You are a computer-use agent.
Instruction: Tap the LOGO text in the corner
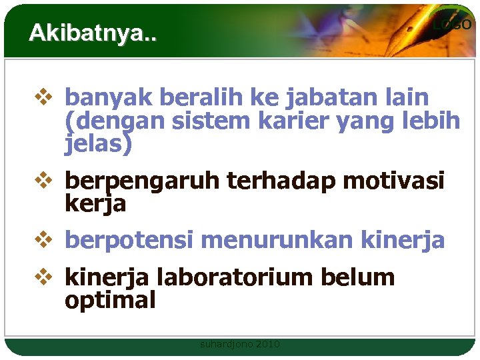[x=452, y=25]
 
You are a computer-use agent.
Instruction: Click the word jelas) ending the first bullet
[x=98, y=143]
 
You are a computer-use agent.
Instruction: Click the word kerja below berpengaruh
[x=95, y=204]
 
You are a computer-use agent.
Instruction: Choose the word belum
[x=361, y=277]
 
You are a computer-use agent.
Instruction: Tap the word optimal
[x=110, y=301]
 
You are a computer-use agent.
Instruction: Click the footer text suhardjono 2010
[x=240, y=344]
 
